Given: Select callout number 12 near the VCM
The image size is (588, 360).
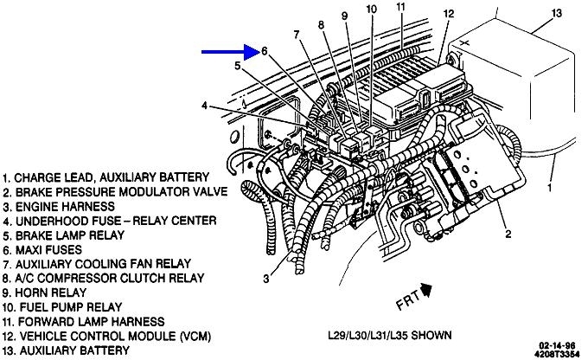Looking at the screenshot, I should coord(448,14).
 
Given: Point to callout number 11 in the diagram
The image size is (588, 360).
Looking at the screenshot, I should coord(400,8).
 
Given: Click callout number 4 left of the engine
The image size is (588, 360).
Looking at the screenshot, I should coord(205,106).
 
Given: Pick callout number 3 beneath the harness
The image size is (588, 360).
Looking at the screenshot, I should coord(267,278).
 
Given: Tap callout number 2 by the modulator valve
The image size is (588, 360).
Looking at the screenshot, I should coord(508,233).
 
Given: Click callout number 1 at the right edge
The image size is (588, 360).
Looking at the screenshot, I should coord(550,185).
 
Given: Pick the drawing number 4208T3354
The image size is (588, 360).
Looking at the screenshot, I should coord(553,353).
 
